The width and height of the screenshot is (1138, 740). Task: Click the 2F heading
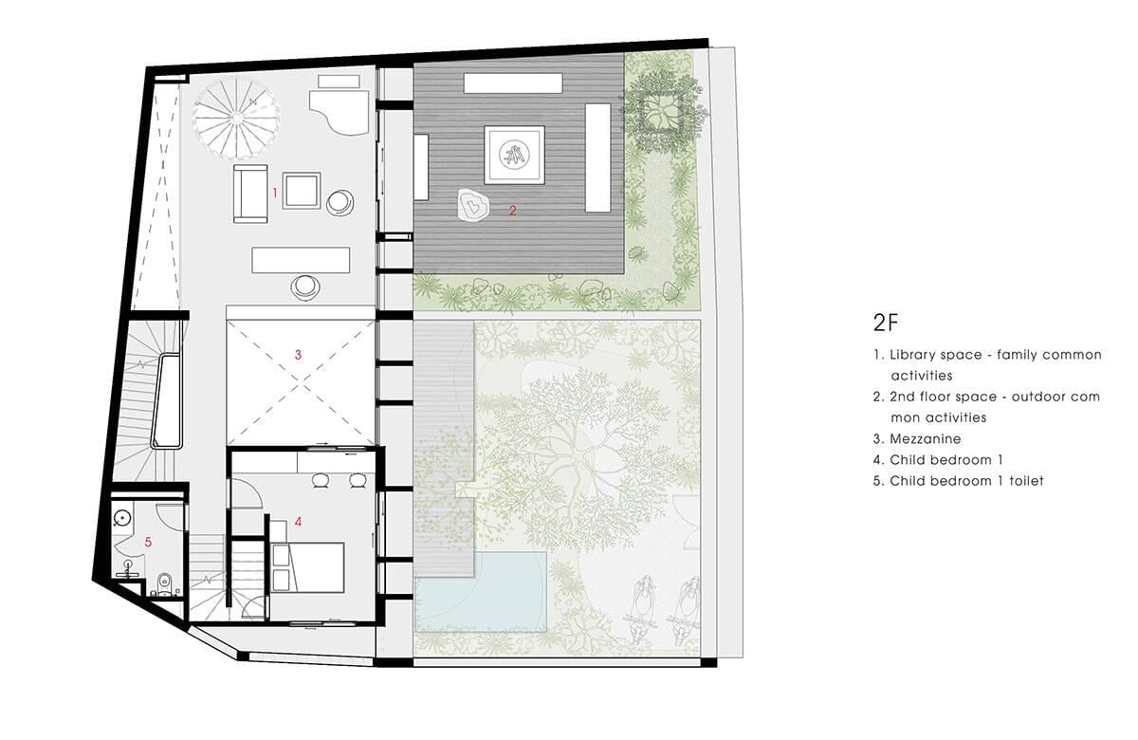(886, 323)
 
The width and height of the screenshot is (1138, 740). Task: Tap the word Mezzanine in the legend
(926, 439)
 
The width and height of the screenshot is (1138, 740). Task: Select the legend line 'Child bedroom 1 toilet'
(958, 481)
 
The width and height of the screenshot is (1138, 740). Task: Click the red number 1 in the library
(275, 193)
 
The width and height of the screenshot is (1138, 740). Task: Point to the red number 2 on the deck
(513, 211)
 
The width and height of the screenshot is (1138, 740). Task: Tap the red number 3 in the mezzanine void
(298, 355)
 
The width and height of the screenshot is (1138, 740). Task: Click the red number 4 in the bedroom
(298, 522)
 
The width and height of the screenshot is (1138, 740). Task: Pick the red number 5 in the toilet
(148, 543)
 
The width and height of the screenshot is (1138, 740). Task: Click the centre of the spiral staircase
(236, 118)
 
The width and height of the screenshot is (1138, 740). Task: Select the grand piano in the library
(340, 111)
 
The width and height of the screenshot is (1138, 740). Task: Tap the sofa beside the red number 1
(250, 194)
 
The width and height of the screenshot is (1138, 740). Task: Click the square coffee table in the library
(302, 191)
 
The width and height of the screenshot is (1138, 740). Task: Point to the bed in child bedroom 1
(307, 567)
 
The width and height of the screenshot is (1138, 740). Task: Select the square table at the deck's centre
(514, 155)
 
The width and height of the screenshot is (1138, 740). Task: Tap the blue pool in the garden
(481, 593)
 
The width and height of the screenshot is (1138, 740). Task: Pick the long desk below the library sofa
(301, 260)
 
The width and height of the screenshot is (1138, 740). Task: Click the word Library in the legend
(912, 355)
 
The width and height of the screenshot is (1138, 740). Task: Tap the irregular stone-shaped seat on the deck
(473, 205)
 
